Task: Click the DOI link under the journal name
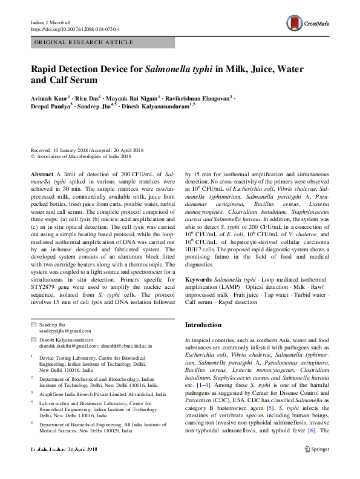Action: pos(75,28)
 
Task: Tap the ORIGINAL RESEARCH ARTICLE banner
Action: pos(84,42)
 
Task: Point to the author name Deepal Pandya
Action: pos(51,105)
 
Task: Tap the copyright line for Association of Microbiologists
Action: pos(82,156)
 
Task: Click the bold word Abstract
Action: pos(42,174)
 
